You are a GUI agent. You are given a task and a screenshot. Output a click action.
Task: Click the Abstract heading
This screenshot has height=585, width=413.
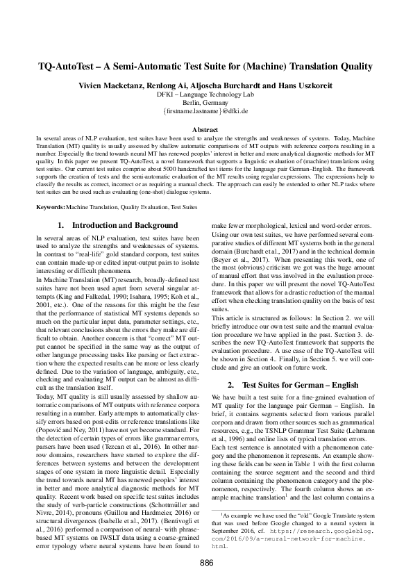206,130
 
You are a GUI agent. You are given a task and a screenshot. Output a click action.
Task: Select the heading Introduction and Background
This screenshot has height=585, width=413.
125,226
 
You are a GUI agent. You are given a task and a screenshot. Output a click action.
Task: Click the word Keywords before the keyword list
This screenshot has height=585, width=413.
51,208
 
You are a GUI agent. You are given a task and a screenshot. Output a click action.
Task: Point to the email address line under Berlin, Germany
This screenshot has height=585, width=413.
206,110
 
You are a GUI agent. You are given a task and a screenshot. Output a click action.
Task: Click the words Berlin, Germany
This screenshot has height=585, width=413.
206,101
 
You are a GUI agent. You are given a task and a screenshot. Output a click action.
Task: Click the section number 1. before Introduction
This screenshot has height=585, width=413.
61,226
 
